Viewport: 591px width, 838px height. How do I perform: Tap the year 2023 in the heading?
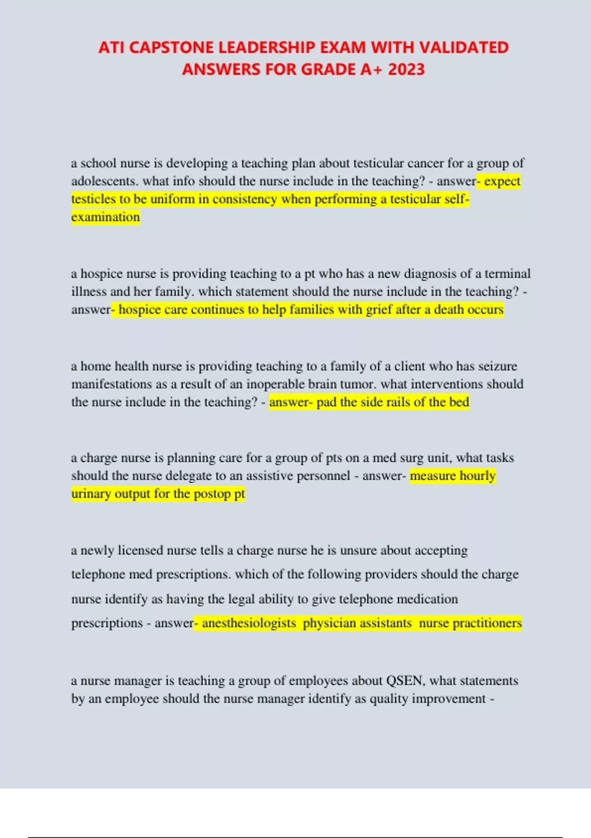(x=406, y=70)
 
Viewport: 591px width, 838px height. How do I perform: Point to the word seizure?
(x=497, y=366)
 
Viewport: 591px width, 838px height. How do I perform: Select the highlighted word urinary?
(x=91, y=494)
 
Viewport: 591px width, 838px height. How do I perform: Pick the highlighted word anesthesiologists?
(x=249, y=623)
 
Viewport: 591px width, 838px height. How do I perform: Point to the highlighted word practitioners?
(x=487, y=623)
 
